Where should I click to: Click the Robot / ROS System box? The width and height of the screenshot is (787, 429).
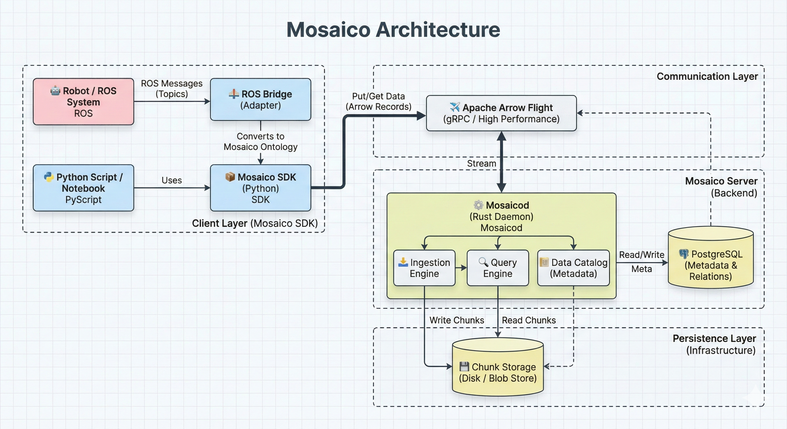coord(83,102)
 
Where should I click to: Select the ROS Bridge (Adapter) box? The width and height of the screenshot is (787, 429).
coord(260,99)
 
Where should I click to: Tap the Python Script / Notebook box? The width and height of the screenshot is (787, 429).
coord(83,188)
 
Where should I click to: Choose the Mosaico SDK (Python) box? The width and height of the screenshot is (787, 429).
coord(260,188)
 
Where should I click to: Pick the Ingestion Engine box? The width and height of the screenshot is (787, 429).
coord(424,268)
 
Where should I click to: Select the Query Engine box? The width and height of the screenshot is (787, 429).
coord(498,268)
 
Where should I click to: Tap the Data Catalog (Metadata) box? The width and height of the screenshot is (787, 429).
coord(573,268)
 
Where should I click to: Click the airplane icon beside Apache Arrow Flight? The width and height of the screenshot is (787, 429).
coord(455,107)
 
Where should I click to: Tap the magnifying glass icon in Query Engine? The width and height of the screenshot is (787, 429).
coord(483,262)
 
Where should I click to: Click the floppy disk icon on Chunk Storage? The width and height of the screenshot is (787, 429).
coord(464,366)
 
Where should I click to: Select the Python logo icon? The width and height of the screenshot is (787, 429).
coord(49,177)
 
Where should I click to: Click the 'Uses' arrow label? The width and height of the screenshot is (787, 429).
coord(171,180)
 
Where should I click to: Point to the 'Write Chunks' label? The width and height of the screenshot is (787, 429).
coord(456,320)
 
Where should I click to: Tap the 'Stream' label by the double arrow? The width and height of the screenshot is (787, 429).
coord(481,163)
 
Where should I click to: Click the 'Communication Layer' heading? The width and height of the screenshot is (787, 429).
coord(707,76)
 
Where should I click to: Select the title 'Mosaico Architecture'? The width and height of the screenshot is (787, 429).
coord(393,30)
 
